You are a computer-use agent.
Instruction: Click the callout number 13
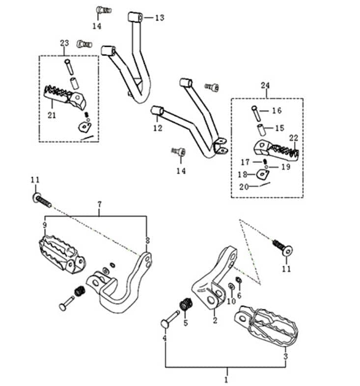160,18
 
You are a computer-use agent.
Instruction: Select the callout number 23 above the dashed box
64,43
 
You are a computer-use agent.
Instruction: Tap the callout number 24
265,86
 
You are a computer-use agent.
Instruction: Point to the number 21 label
52,115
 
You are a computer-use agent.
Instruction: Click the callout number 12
158,128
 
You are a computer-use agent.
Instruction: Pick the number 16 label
277,111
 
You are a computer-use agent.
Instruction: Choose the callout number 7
99,205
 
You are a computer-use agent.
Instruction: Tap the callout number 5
186,323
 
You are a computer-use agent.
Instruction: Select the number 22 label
294,138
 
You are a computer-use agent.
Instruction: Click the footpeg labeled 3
267,325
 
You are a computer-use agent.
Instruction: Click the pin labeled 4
170,320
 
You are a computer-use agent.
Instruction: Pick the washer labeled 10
231,286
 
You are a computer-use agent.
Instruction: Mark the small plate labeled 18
263,174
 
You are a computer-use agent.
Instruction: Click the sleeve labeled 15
262,130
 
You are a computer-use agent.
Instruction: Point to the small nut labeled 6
239,280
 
